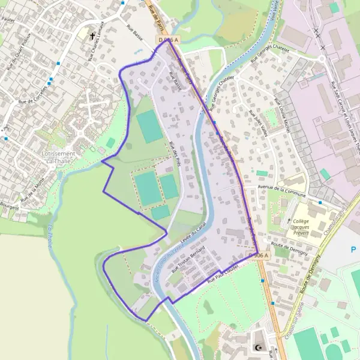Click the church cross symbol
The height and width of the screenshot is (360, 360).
pyautogui.click(x=92, y=36)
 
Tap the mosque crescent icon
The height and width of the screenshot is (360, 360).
pyautogui.click(x=259, y=348)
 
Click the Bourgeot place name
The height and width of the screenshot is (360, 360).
pyautogui.click(x=10, y=206)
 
